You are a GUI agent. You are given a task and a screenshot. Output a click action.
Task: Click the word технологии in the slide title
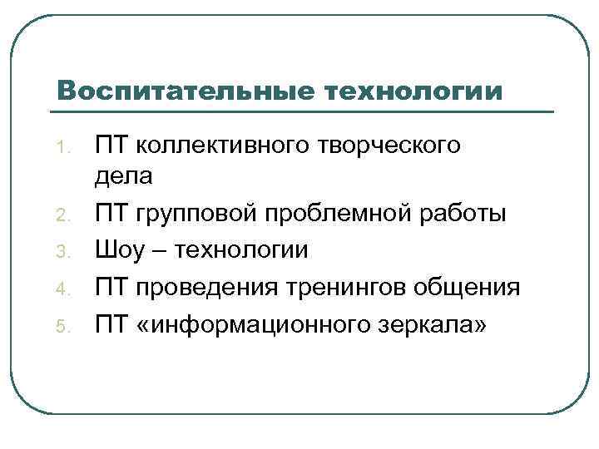pyautogui.click(x=410, y=89)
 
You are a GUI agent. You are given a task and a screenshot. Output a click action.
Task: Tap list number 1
pyautogui.click(x=60, y=148)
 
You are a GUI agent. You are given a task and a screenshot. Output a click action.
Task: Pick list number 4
pyautogui.click(x=60, y=289)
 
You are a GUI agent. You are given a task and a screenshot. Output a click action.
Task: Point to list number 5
pyautogui.click(x=60, y=323)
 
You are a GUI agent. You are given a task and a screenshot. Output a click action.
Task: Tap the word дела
pyautogui.click(x=125, y=177)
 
